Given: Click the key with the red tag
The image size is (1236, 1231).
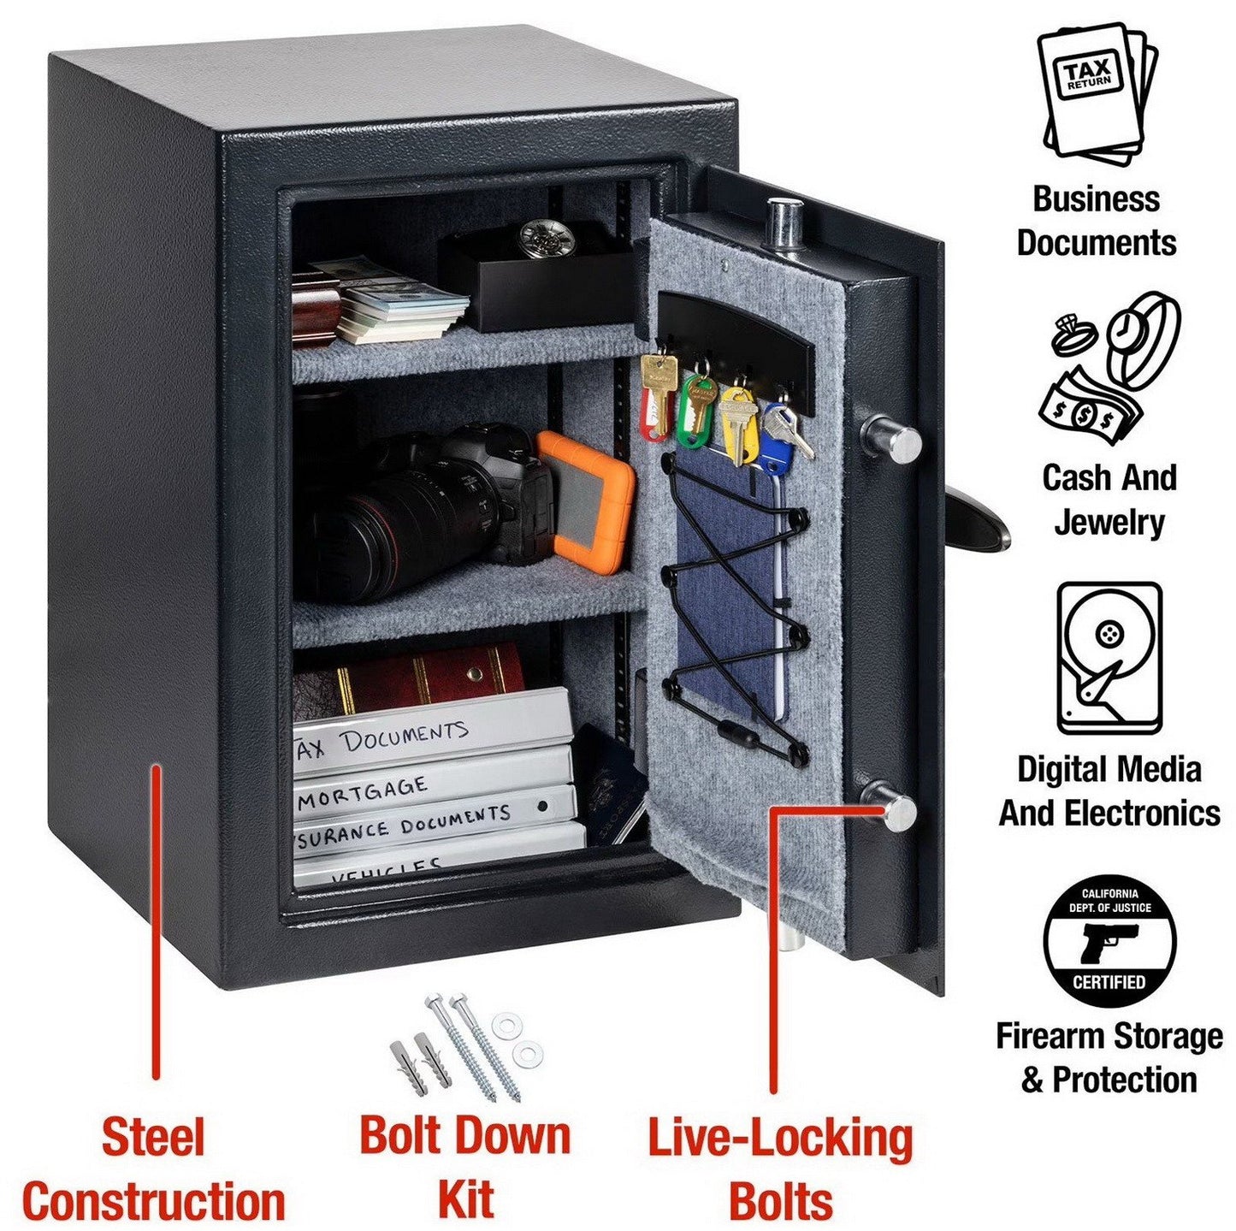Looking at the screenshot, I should (657, 395).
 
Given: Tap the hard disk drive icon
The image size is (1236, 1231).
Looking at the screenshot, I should (1109, 658).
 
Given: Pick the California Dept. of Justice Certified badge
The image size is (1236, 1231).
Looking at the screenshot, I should (1109, 939).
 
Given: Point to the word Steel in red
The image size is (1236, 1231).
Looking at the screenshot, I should (153, 1138).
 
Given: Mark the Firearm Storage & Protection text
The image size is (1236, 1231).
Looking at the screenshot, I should (1109, 1057).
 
